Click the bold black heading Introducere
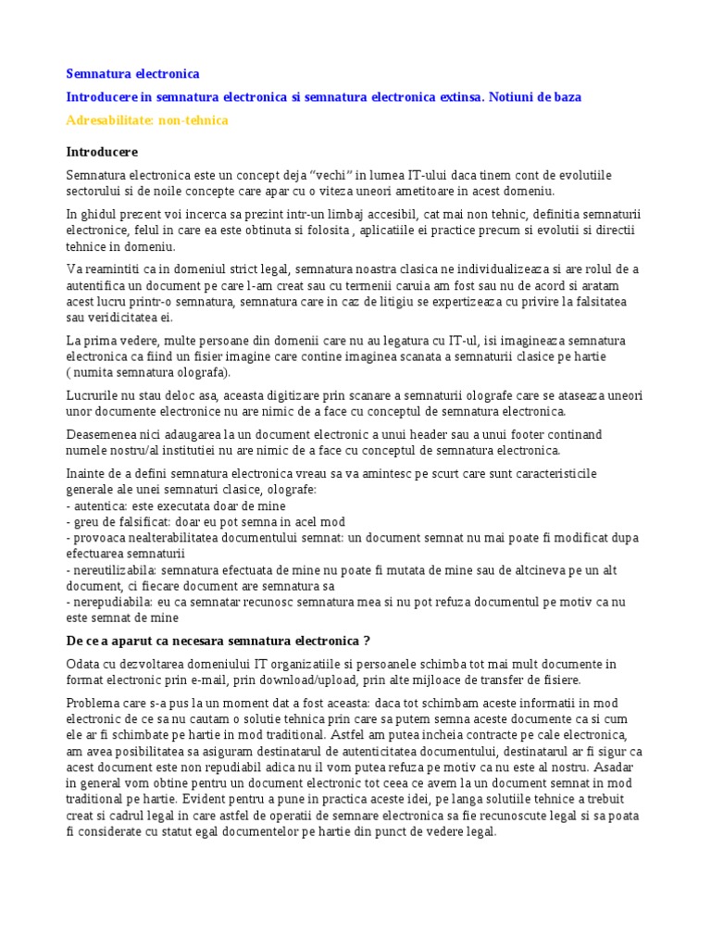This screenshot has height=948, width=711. [102, 151]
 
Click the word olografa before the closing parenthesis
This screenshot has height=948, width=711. [196, 373]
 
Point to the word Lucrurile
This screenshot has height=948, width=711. [94, 395]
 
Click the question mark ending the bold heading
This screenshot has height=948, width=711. [367, 641]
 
